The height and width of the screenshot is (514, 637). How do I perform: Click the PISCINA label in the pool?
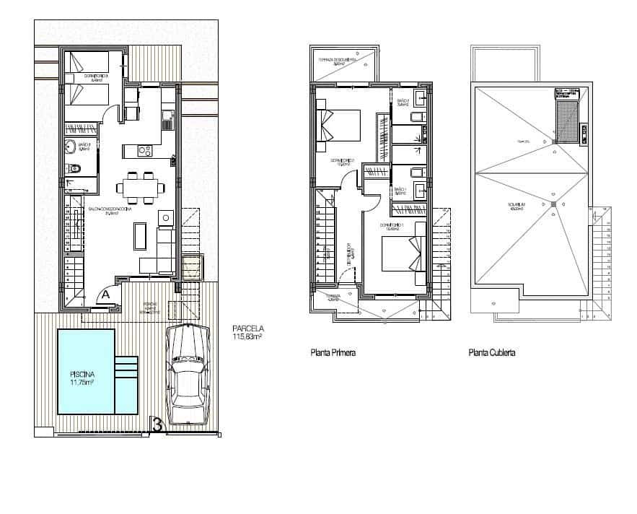(x=85, y=379)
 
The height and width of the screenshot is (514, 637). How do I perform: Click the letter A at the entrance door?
(x=105, y=294)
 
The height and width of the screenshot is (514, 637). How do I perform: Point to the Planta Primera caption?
(x=333, y=353)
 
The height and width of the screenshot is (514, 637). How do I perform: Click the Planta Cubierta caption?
(x=491, y=353)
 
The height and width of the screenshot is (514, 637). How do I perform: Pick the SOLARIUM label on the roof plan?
(x=515, y=205)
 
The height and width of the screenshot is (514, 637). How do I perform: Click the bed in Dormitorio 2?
(x=339, y=124)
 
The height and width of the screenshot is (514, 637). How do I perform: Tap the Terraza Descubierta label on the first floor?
(x=338, y=61)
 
